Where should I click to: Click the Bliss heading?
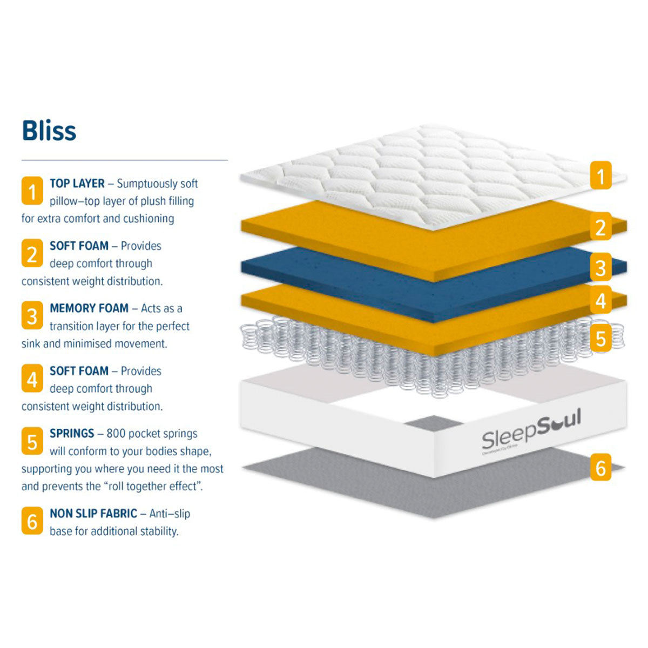point(49,131)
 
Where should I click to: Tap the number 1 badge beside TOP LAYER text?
point(32,191)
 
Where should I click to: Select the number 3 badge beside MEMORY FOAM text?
point(32,316)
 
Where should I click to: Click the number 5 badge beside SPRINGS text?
point(32,441)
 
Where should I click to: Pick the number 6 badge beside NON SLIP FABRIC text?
point(32,521)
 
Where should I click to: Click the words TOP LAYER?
point(77,184)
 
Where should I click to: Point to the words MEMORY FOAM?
point(89,308)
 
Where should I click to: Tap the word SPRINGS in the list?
point(72,434)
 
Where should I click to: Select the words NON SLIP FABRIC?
point(93,514)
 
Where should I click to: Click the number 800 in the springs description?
point(117,434)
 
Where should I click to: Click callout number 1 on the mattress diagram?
point(600,175)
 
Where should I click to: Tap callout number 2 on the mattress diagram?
point(600,227)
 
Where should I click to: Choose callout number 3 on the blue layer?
point(600,267)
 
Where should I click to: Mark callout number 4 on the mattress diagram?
point(600,301)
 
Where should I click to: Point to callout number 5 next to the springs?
point(600,339)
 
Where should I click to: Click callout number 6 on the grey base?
point(600,468)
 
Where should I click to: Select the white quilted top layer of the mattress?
point(432,173)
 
